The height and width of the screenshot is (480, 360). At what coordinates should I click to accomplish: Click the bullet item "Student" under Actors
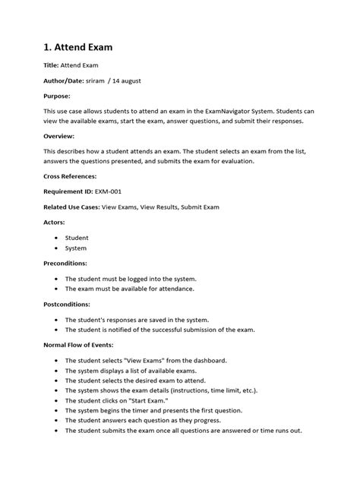point(77,238)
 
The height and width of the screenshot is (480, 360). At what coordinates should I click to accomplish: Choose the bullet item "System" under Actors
point(76,248)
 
